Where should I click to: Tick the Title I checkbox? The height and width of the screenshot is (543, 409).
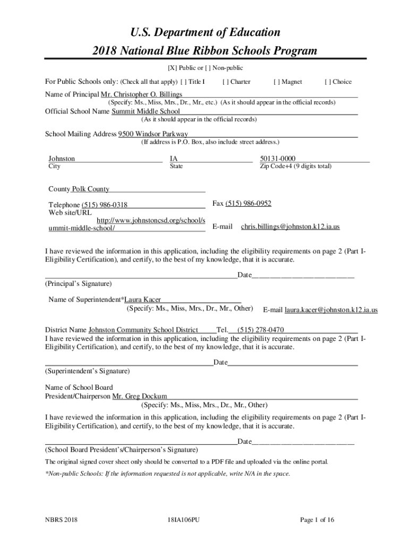point(184,82)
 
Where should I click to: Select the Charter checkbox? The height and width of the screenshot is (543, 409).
point(226,82)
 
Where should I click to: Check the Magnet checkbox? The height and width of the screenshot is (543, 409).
point(277,82)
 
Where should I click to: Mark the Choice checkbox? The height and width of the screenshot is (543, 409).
point(328,82)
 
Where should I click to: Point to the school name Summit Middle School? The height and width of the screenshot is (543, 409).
point(146,111)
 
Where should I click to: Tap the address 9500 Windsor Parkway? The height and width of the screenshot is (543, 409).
point(153,134)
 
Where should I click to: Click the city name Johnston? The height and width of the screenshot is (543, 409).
point(62,159)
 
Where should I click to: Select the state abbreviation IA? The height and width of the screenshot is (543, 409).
point(174,159)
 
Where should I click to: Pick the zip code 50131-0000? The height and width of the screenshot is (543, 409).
point(278,159)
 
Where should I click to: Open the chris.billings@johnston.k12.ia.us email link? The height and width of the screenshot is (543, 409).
point(290,226)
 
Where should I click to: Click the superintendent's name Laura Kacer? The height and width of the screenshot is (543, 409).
point(142,300)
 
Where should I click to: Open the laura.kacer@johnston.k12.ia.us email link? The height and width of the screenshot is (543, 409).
point(331,310)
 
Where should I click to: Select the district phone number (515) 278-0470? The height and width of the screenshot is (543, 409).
point(260,329)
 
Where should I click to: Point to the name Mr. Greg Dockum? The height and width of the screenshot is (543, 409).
point(140,396)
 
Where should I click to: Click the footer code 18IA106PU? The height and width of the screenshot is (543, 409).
point(183,520)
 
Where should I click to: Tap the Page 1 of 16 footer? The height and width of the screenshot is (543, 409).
point(317,520)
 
